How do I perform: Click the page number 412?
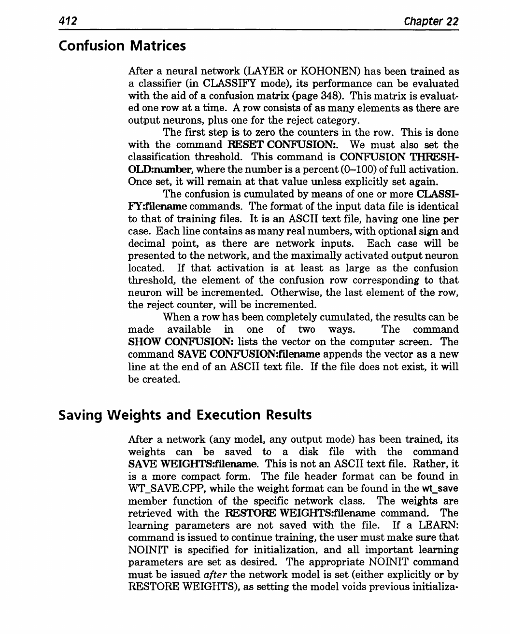(x=68, y=21)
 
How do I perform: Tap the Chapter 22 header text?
(x=431, y=22)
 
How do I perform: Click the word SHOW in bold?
(x=144, y=342)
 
